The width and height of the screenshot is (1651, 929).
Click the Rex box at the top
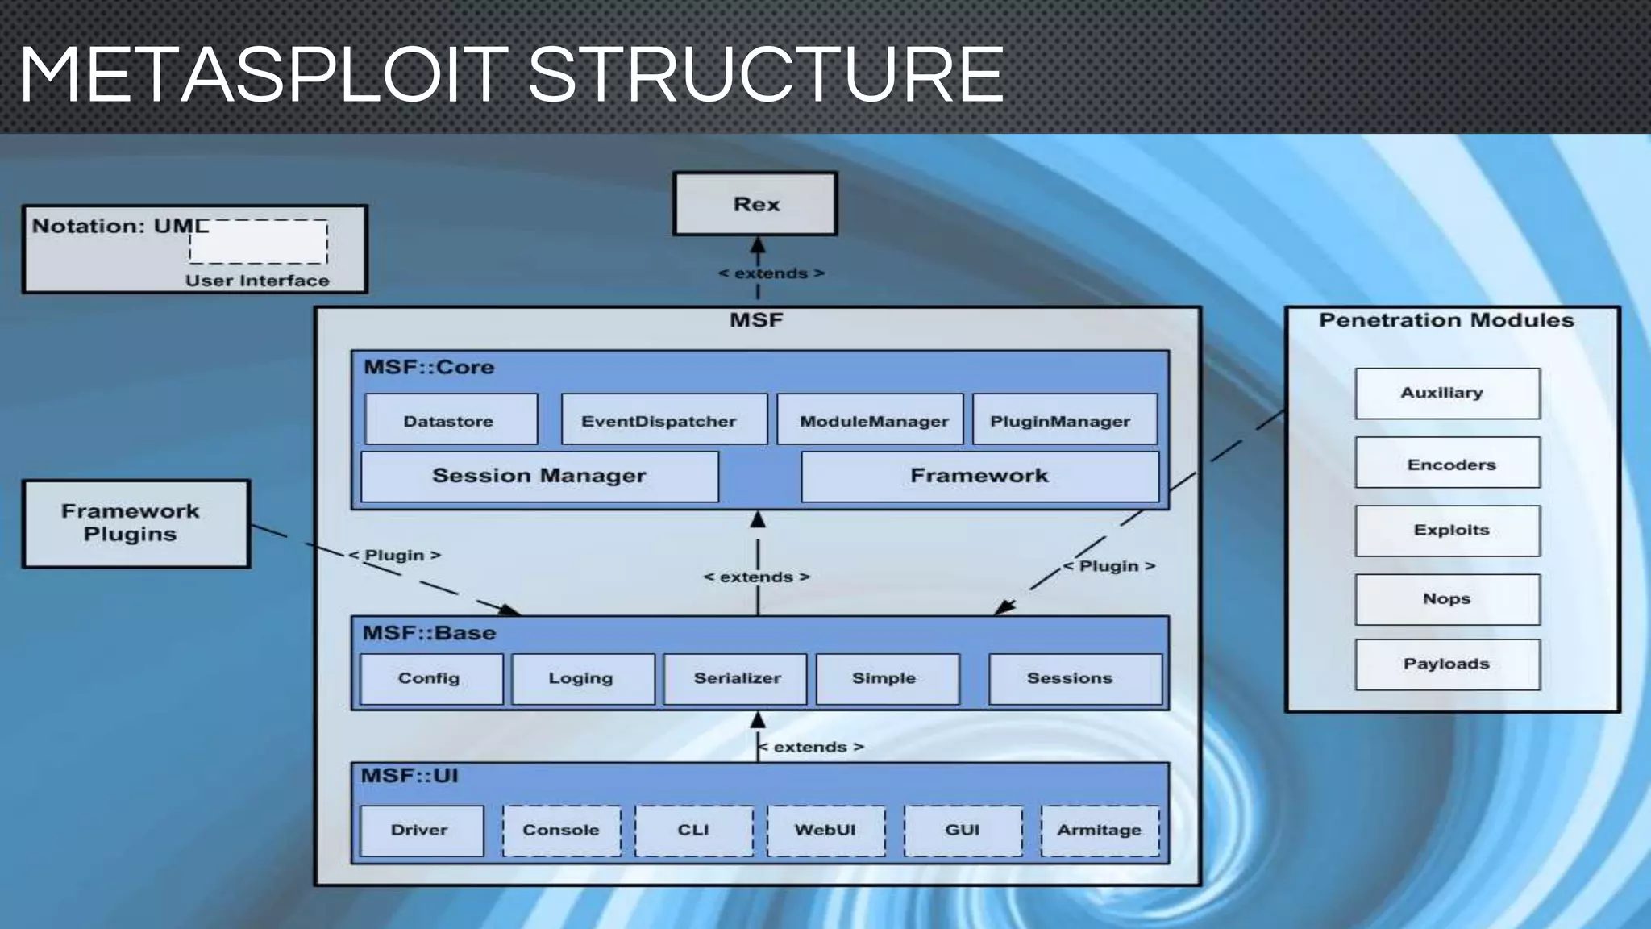pyautogui.click(x=755, y=204)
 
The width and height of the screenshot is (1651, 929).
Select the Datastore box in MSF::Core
pyautogui.click(x=451, y=419)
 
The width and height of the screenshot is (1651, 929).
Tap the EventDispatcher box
pyautogui.click(x=663, y=419)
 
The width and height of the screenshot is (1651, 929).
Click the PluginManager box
pyautogui.click(x=1064, y=419)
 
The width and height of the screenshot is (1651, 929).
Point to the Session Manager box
pyautogui.click(x=539, y=476)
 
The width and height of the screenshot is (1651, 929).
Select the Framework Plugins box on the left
pyautogui.click(x=136, y=523)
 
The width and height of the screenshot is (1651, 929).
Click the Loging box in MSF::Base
pyautogui.click(x=583, y=678)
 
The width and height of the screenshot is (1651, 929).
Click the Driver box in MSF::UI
pyautogui.click(x=422, y=830)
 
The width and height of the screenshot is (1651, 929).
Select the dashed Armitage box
pyautogui.click(x=1100, y=830)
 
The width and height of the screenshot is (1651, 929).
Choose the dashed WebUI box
pyautogui.click(x=825, y=830)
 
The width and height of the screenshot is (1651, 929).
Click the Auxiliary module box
pyautogui.click(x=1447, y=393)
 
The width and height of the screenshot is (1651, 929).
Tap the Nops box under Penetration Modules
pyautogui.click(x=1447, y=598)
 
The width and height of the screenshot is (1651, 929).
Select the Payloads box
pyautogui.click(x=1447, y=664)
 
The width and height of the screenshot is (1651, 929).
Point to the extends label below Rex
pyautogui.click(x=771, y=273)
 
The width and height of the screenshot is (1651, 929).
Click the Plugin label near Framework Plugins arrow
pyautogui.click(x=394, y=555)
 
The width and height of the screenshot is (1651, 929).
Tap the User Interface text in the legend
pyautogui.click(x=257, y=281)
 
